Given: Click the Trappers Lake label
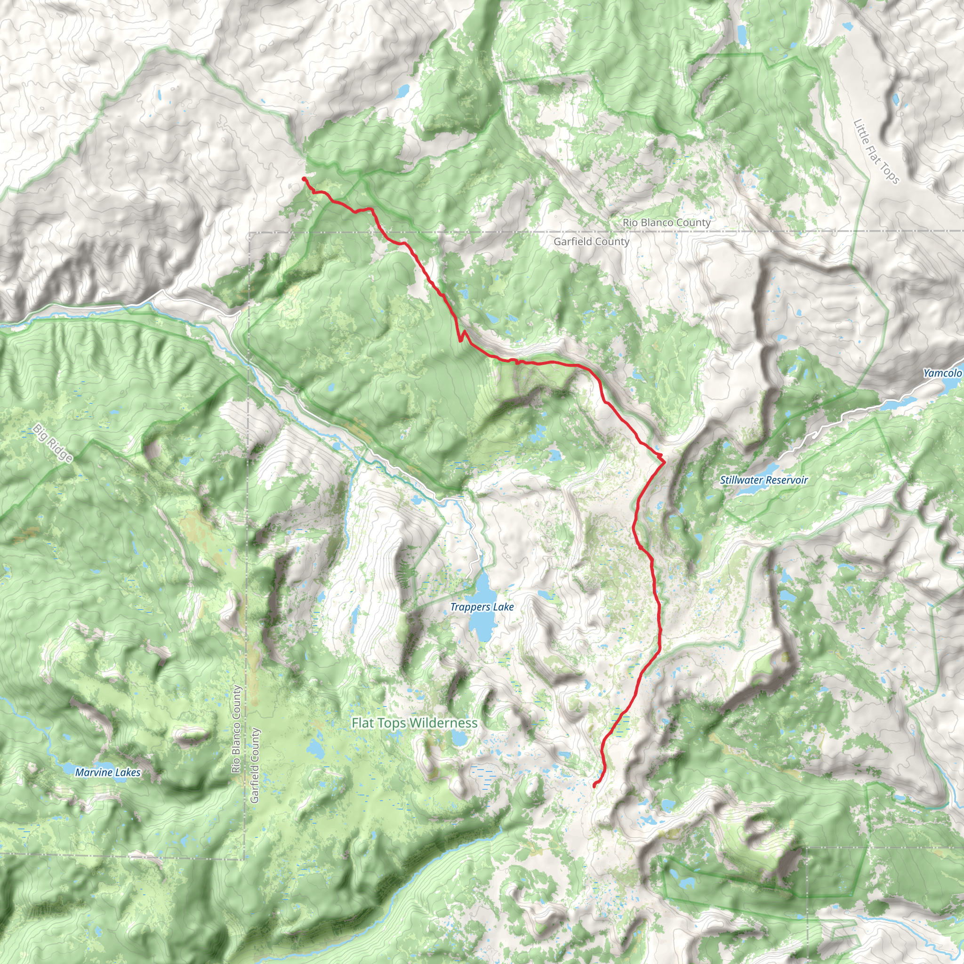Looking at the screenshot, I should click(482, 607).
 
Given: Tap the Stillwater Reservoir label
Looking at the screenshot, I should click(763, 480).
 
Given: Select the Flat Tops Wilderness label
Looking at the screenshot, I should click(414, 723).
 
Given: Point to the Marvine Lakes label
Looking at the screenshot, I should click(108, 772).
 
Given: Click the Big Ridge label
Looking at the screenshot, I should click(53, 443).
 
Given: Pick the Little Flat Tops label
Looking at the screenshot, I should click(876, 151).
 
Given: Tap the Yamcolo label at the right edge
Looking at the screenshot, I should click(942, 373).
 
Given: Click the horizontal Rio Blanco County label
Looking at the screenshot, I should click(666, 223).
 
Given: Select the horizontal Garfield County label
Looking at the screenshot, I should click(591, 241).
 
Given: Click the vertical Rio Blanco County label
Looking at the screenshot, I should click(236, 730).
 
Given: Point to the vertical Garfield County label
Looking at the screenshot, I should click(255, 765).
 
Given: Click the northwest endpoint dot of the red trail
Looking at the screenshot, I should click(304, 178).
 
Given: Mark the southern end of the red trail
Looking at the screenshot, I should click(594, 786).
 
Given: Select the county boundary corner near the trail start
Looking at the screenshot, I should click(249, 233).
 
